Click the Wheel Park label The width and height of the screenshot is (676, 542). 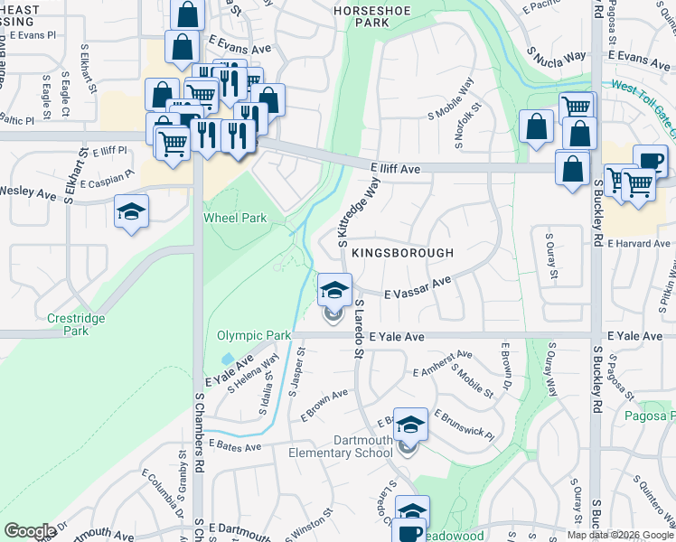(235, 218)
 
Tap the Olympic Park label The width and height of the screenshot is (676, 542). (254, 336)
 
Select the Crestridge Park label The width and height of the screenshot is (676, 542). (77, 324)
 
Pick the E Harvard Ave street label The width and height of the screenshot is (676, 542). (638, 244)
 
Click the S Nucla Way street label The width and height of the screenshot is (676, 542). (557, 57)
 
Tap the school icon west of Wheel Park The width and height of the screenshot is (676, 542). (131, 212)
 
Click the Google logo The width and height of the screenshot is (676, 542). (30, 530)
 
